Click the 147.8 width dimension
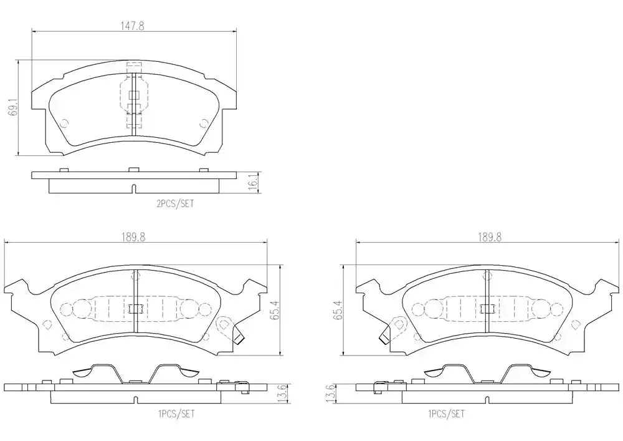pos(132,26)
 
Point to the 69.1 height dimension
pos(13,108)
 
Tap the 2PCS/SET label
pos(175,203)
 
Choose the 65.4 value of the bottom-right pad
pos(338,311)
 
